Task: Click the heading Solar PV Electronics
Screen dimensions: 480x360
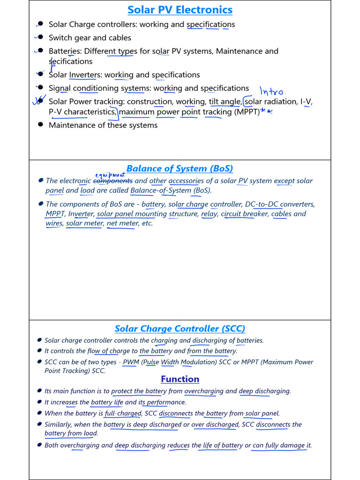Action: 180,10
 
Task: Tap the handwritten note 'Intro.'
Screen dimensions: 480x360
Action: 272,91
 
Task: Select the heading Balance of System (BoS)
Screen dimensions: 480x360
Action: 180,169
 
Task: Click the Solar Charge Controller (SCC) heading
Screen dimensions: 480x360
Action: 180,329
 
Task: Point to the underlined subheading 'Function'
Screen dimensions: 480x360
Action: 180,379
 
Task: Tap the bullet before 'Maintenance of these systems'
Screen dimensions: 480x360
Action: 40,125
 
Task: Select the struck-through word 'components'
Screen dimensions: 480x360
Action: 113,181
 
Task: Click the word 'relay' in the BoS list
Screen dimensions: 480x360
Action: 209,214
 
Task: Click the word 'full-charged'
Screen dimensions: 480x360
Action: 123,413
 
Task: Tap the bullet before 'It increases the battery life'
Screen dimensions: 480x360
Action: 39,402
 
